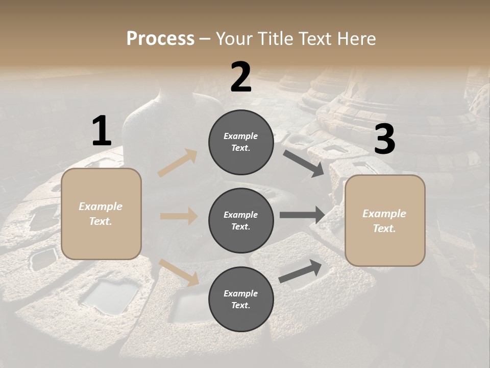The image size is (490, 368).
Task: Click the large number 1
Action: tap(102, 131)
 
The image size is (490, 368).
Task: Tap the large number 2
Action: tap(240, 77)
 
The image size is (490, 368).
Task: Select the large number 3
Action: tap(384, 139)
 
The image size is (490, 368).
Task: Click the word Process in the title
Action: tap(160, 38)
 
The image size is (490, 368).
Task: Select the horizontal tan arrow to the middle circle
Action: tap(179, 216)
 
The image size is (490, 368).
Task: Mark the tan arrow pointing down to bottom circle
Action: tap(179, 272)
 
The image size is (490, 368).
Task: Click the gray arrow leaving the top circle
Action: tap(303, 164)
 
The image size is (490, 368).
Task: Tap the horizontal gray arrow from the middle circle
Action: tap(302, 215)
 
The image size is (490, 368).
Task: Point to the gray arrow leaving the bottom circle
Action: tap(301, 271)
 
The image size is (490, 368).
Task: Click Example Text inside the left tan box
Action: tap(101, 214)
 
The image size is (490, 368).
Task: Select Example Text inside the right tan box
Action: tap(384, 221)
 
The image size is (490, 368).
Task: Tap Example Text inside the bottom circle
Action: tap(241, 299)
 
